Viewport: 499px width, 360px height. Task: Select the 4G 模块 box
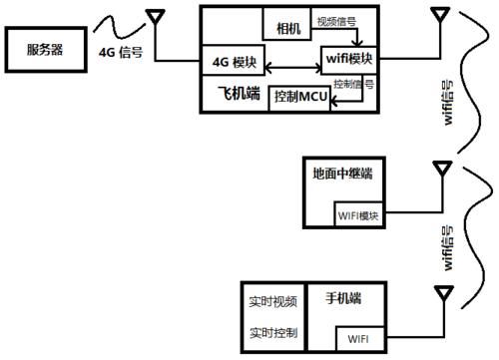(x=236, y=62)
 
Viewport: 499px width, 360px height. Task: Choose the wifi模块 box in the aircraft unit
(x=348, y=60)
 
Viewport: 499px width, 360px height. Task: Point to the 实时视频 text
(x=272, y=300)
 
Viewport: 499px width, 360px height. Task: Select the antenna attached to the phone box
(x=440, y=296)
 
